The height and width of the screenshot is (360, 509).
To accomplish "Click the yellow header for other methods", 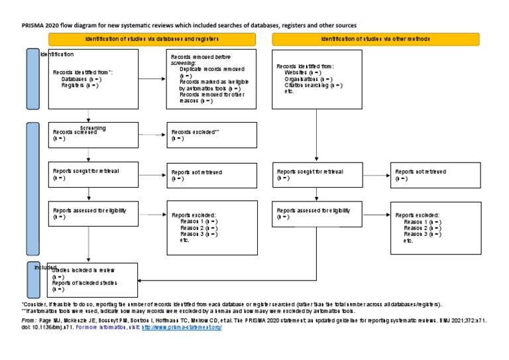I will (x=375, y=39).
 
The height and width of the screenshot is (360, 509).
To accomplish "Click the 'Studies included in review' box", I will (x=93, y=280).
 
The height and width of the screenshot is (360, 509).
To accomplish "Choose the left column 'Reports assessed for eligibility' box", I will (x=93, y=215).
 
